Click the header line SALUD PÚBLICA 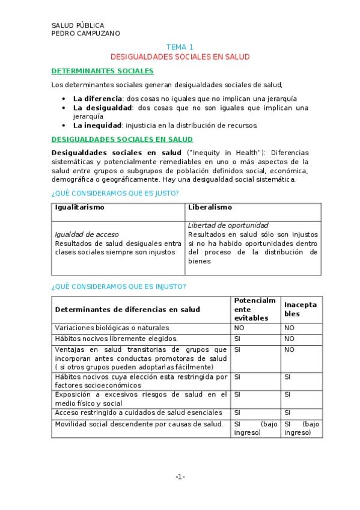click(78, 25)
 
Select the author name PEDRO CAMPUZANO click(85, 34)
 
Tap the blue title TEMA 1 click(180, 47)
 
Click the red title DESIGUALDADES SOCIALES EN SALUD click(180, 57)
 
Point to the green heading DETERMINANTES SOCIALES click(102, 71)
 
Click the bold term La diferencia click(97, 99)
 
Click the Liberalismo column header click(210, 207)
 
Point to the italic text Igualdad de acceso click(87, 235)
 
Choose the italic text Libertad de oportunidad click(228, 226)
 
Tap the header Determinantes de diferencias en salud click(127, 310)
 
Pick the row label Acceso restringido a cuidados click(138, 413)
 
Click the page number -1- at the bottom click(180, 477)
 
